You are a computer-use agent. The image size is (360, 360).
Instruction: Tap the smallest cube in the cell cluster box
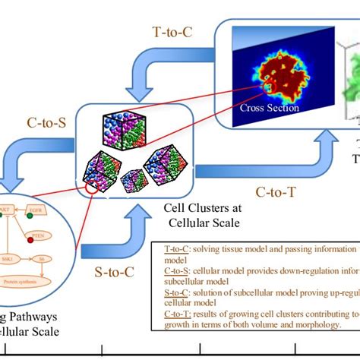point(134,181)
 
